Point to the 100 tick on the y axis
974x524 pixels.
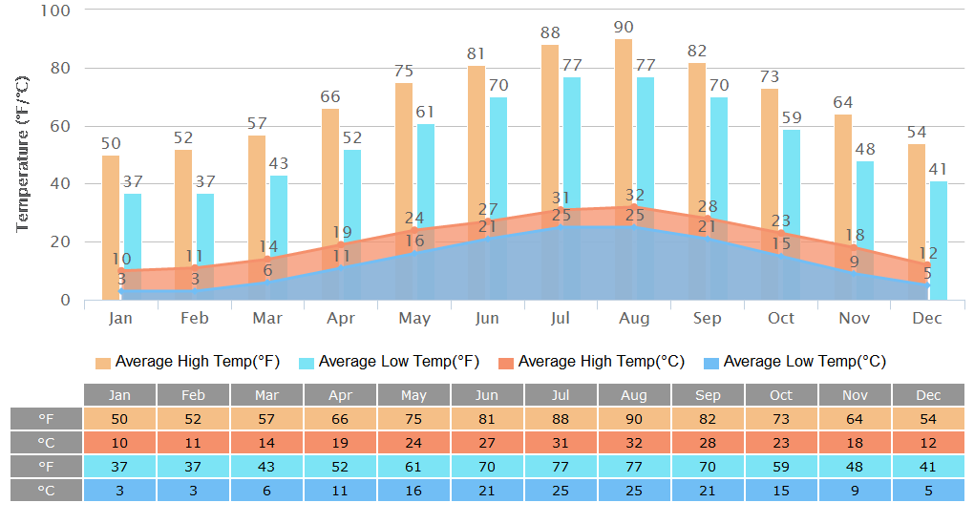[x=56, y=10]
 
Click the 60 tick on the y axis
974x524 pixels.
[x=61, y=126]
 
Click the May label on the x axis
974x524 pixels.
[x=413, y=318]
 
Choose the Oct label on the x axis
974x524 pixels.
[x=781, y=318]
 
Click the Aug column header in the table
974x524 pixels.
[x=634, y=395]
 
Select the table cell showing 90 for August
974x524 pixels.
[x=634, y=419]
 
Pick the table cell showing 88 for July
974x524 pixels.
[x=561, y=419]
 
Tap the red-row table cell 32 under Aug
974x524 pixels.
[x=634, y=443]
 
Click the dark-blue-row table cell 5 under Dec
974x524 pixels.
[x=928, y=490]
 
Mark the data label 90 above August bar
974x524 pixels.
[x=624, y=27]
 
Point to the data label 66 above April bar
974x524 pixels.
[x=330, y=96]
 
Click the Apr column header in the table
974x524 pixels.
[x=340, y=395]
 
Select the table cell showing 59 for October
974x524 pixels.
[x=781, y=466]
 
